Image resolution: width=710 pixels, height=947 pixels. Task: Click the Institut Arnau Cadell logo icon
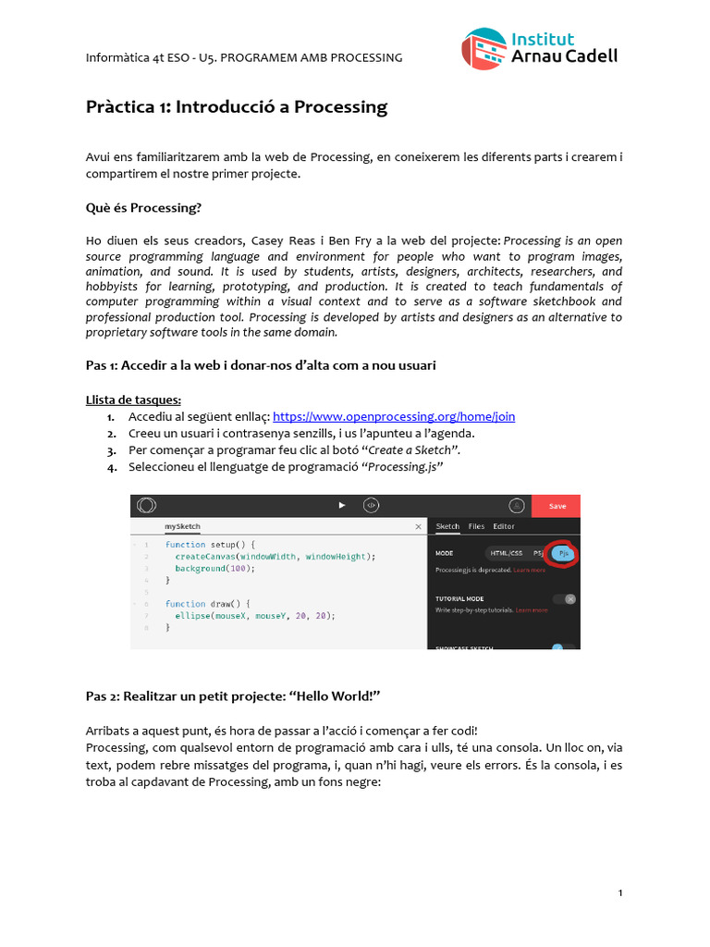tap(484, 49)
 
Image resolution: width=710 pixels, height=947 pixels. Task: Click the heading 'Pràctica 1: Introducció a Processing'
tap(236, 107)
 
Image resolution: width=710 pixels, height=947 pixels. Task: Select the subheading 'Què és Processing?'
tap(142, 208)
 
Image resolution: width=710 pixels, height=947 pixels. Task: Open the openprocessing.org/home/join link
tap(394, 417)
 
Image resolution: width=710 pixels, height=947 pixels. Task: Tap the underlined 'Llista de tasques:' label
tap(127, 400)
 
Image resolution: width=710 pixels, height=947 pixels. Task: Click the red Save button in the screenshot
tap(557, 506)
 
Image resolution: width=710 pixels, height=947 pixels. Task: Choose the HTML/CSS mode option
tap(506, 553)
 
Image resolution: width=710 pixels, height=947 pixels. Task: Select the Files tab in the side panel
tap(476, 526)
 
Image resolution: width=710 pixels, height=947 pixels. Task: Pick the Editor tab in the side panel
tap(504, 526)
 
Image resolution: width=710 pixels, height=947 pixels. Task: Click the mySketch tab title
tap(183, 526)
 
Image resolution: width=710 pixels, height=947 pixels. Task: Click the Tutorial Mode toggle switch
tap(564, 599)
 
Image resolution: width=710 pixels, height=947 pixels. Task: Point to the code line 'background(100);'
tap(214, 569)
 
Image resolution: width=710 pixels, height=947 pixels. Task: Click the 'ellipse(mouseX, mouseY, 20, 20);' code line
tap(249, 615)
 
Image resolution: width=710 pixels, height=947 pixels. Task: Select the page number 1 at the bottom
tap(619, 892)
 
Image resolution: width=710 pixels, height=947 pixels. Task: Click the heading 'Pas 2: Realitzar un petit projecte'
tap(233, 695)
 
